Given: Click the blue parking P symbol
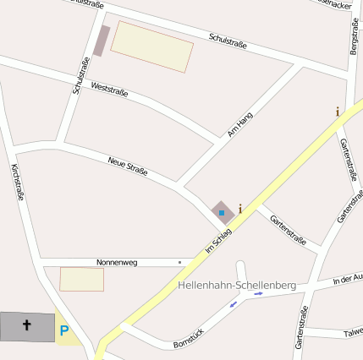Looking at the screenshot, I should point(64,330).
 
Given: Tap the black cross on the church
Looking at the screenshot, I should point(26,325).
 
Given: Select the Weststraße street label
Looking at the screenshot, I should point(109,89).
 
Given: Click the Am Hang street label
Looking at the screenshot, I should point(240,124).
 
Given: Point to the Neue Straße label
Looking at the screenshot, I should point(128,166).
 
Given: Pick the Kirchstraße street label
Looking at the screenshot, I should point(17,183).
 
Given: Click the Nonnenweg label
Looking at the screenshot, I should point(117,263).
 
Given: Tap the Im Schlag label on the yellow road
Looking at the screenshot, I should point(218,240).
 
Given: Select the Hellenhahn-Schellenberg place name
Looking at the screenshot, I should point(237,286).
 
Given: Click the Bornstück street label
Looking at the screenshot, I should point(189,340).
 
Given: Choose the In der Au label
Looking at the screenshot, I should point(348,278).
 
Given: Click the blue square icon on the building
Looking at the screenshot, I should point(223,212).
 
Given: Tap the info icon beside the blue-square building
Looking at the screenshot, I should point(240,208).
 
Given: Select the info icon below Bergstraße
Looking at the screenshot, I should point(338,112).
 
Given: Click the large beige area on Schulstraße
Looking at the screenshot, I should point(151,46).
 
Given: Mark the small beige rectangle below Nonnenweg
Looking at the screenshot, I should point(81,279).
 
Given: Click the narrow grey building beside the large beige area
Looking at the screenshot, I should point(102,41).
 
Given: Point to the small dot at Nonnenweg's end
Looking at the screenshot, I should point(179,262).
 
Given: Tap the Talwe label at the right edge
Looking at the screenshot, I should point(353,333).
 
